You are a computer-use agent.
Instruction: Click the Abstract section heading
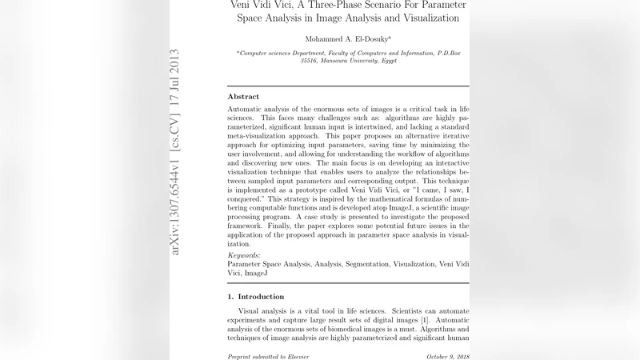(x=243, y=96)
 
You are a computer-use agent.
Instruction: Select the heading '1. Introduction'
(x=256, y=296)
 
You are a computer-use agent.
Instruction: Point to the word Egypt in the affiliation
(x=389, y=61)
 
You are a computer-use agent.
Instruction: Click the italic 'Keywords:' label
(x=244, y=254)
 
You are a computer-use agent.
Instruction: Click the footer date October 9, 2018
(x=447, y=356)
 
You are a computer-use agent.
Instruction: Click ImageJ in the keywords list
(x=256, y=273)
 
